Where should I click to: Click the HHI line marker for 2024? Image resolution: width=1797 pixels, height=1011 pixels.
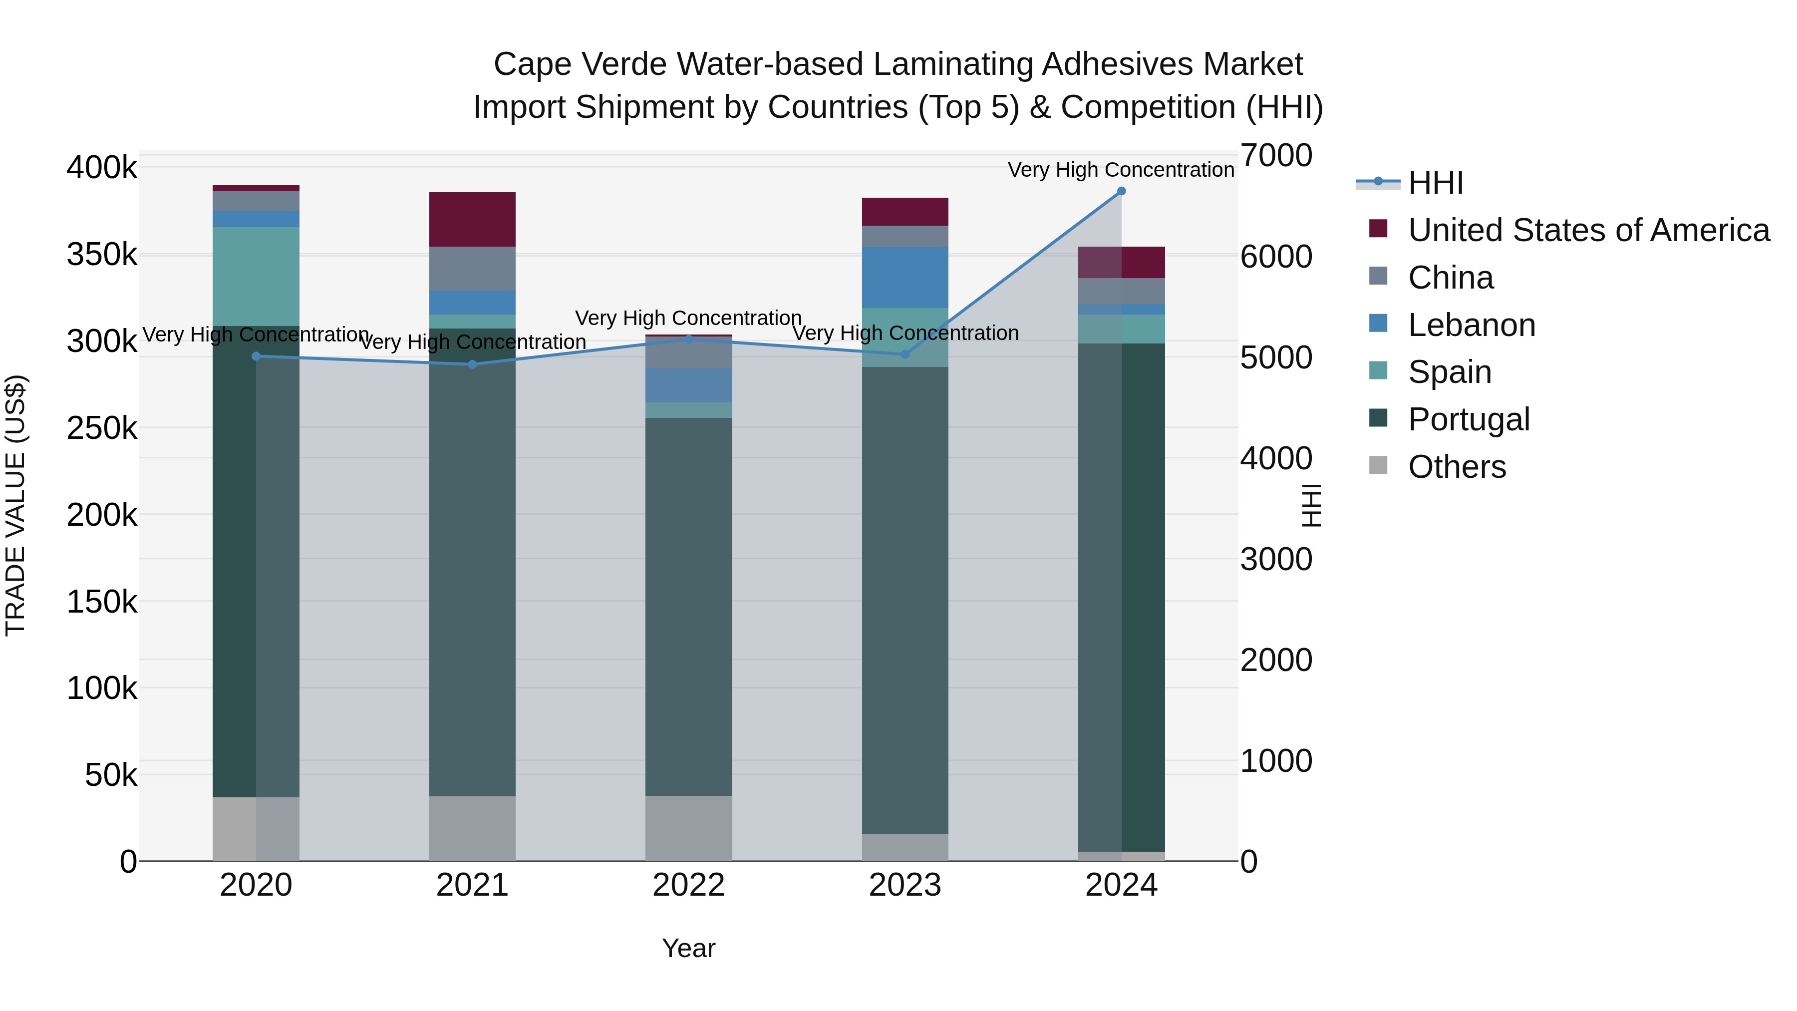(1121, 191)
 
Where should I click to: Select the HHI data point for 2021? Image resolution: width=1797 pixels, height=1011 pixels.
(472, 364)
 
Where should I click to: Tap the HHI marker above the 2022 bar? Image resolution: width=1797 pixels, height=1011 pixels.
(688, 339)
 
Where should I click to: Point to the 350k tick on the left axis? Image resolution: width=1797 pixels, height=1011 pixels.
(102, 255)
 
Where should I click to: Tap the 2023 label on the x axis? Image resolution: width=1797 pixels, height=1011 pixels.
(905, 885)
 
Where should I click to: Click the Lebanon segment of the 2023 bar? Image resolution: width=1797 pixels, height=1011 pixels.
(905, 277)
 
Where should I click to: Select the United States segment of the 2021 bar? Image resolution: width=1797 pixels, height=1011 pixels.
(472, 219)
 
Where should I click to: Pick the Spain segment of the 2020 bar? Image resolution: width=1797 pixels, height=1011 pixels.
(256, 276)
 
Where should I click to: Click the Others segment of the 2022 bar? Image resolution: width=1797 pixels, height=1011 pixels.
(688, 828)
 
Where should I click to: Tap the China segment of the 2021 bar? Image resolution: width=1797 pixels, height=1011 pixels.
(472, 269)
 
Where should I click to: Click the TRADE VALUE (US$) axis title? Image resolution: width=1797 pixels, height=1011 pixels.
(15, 505)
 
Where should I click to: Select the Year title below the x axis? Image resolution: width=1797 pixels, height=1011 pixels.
(688, 948)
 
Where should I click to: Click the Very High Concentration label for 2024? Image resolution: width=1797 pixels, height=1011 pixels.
(1121, 170)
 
